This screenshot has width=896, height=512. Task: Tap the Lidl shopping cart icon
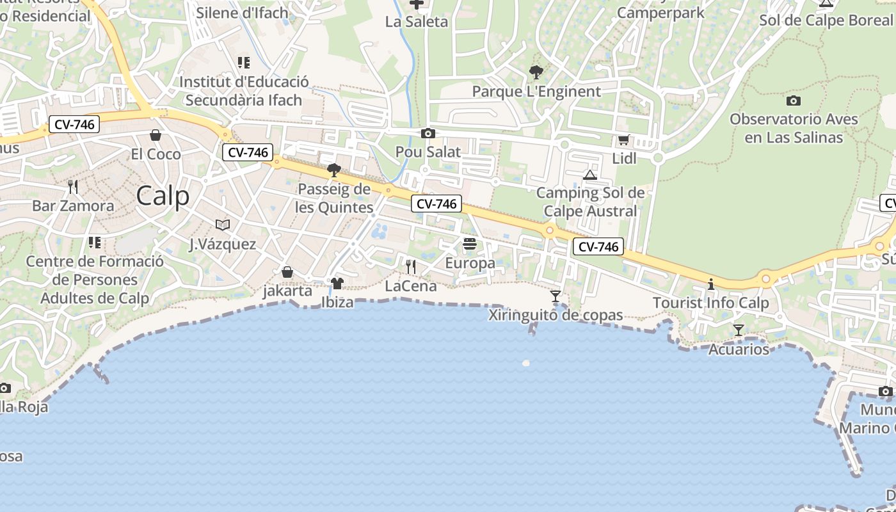pyautogui.click(x=623, y=140)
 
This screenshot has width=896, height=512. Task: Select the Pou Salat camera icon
pyautogui.click(x=428, y=133)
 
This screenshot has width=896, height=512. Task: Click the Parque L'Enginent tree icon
pyautogui.click(x=536, y=72)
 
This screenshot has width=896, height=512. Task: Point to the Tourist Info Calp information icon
pyautogui.click(x=710, y=284)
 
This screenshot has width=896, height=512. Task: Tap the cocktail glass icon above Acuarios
pyautogui.click(x=739, y=330)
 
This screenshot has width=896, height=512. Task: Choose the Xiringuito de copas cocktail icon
pyautogui.click(x=556, y=296)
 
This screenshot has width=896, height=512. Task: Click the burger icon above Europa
pyautogui.click(x=470, y=244)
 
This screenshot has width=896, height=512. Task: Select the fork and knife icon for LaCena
pyautogui.click(x=411, y=266)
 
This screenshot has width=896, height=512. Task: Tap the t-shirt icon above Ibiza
pyautogui.click(x=337, y=284)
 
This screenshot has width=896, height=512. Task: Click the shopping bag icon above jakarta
pyautogui.click(x=287, y=273)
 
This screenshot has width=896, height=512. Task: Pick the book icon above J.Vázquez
pyautogui.click(x=223, y=225)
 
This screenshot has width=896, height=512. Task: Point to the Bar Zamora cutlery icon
pyautogui.click(x=73, y=187)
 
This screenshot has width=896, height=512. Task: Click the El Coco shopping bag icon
pyautogui.click(x=156, y=135)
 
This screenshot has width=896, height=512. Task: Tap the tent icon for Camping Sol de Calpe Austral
pyautogui.click(x=590, y=175)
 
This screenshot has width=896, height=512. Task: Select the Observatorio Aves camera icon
pyautogui.click(x=794, y=100)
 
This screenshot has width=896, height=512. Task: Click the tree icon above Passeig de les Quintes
pyautogui.click(x=333, y=170)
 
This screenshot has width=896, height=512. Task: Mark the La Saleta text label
pyautogui.click(x=417, y=22)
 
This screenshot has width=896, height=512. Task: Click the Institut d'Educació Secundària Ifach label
pyautogui.click(x=243, y=91)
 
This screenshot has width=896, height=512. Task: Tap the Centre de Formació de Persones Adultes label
pyautogui.click(x=95, y=280)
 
